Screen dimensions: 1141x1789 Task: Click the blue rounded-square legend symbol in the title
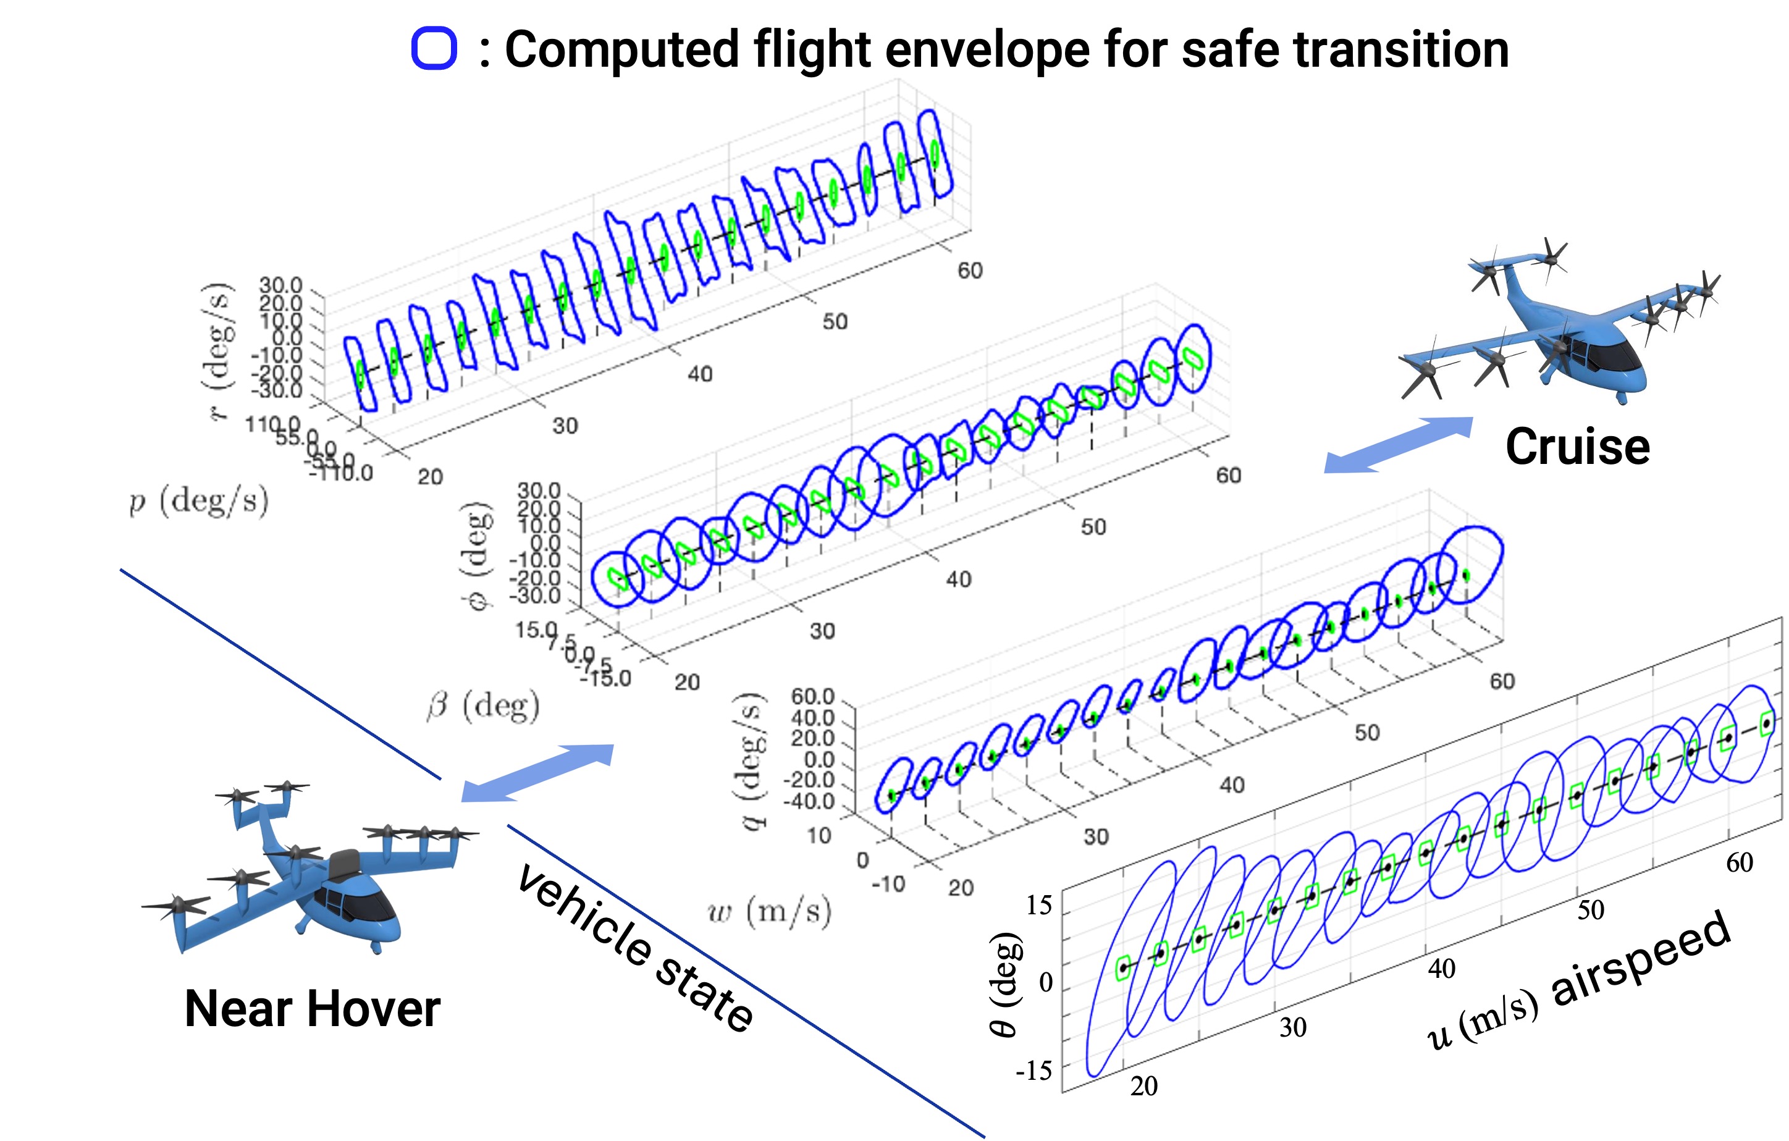point(434,49)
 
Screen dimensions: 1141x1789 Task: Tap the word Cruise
point(1577,447)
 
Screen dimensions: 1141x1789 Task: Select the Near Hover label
point(312,1009)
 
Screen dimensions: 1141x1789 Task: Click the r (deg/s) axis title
point(217,351)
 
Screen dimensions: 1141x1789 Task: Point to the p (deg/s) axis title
point(198,502)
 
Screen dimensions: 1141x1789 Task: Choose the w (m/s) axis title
point(770,911)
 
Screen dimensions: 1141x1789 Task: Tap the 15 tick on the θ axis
point(1038,906)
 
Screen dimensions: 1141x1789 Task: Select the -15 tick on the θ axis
point(1034,1071)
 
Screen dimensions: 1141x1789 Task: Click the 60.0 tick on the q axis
point(812,697)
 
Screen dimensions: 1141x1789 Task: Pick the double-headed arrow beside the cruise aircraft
point(1398,444)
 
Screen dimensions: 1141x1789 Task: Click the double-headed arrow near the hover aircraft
point(537,773)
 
